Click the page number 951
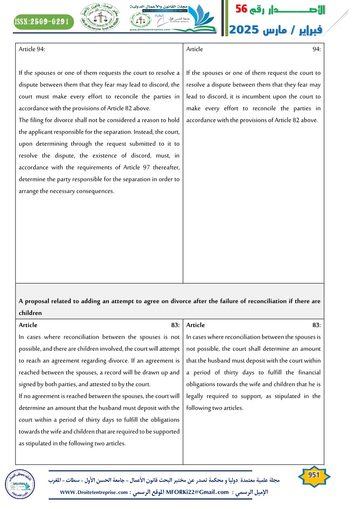[x=314, y=475]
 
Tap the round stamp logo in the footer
[x=19, y=484]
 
